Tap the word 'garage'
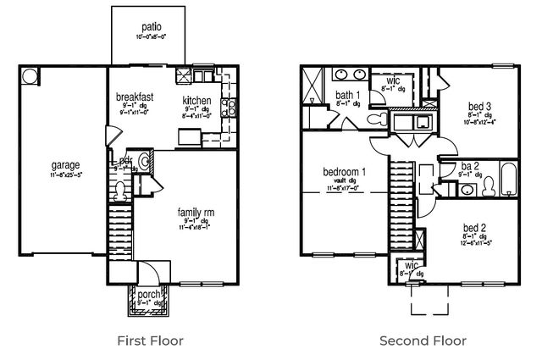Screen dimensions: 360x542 pyautogui.click(x=64, y=164)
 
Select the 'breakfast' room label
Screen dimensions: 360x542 pyautogui.click(x=135, y=97)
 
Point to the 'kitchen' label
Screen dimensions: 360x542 pyautogui.click(x=196, y=101)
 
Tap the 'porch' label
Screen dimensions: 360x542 pyautogui.click(x=150, y=295)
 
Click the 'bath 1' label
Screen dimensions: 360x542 pyautogui.click(x=347, y=95)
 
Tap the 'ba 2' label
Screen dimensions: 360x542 pyautogui.click(x=471, y=166)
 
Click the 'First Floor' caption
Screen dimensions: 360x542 pyautogui.click(x=149, y=341)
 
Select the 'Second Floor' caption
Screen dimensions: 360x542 pyautogui.click(x=423, y=341)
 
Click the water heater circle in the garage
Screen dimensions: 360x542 pyautogui.click(x=30, y=76)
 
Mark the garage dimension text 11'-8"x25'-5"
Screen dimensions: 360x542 pyautogui.click(x=64, y=174)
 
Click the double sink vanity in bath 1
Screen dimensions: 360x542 pyautogui.click(x=347, y=73)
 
